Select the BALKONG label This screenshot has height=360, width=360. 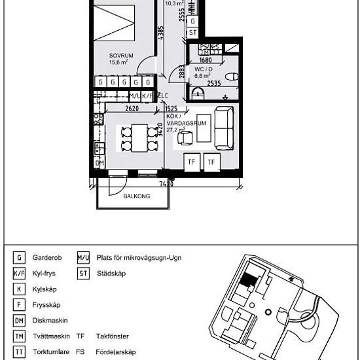tap(137, 196)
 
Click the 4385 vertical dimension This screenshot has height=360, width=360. tap(160, 32)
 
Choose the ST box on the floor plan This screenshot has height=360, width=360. tap(192, 32)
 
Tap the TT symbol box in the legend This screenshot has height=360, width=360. tap(19, 352)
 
